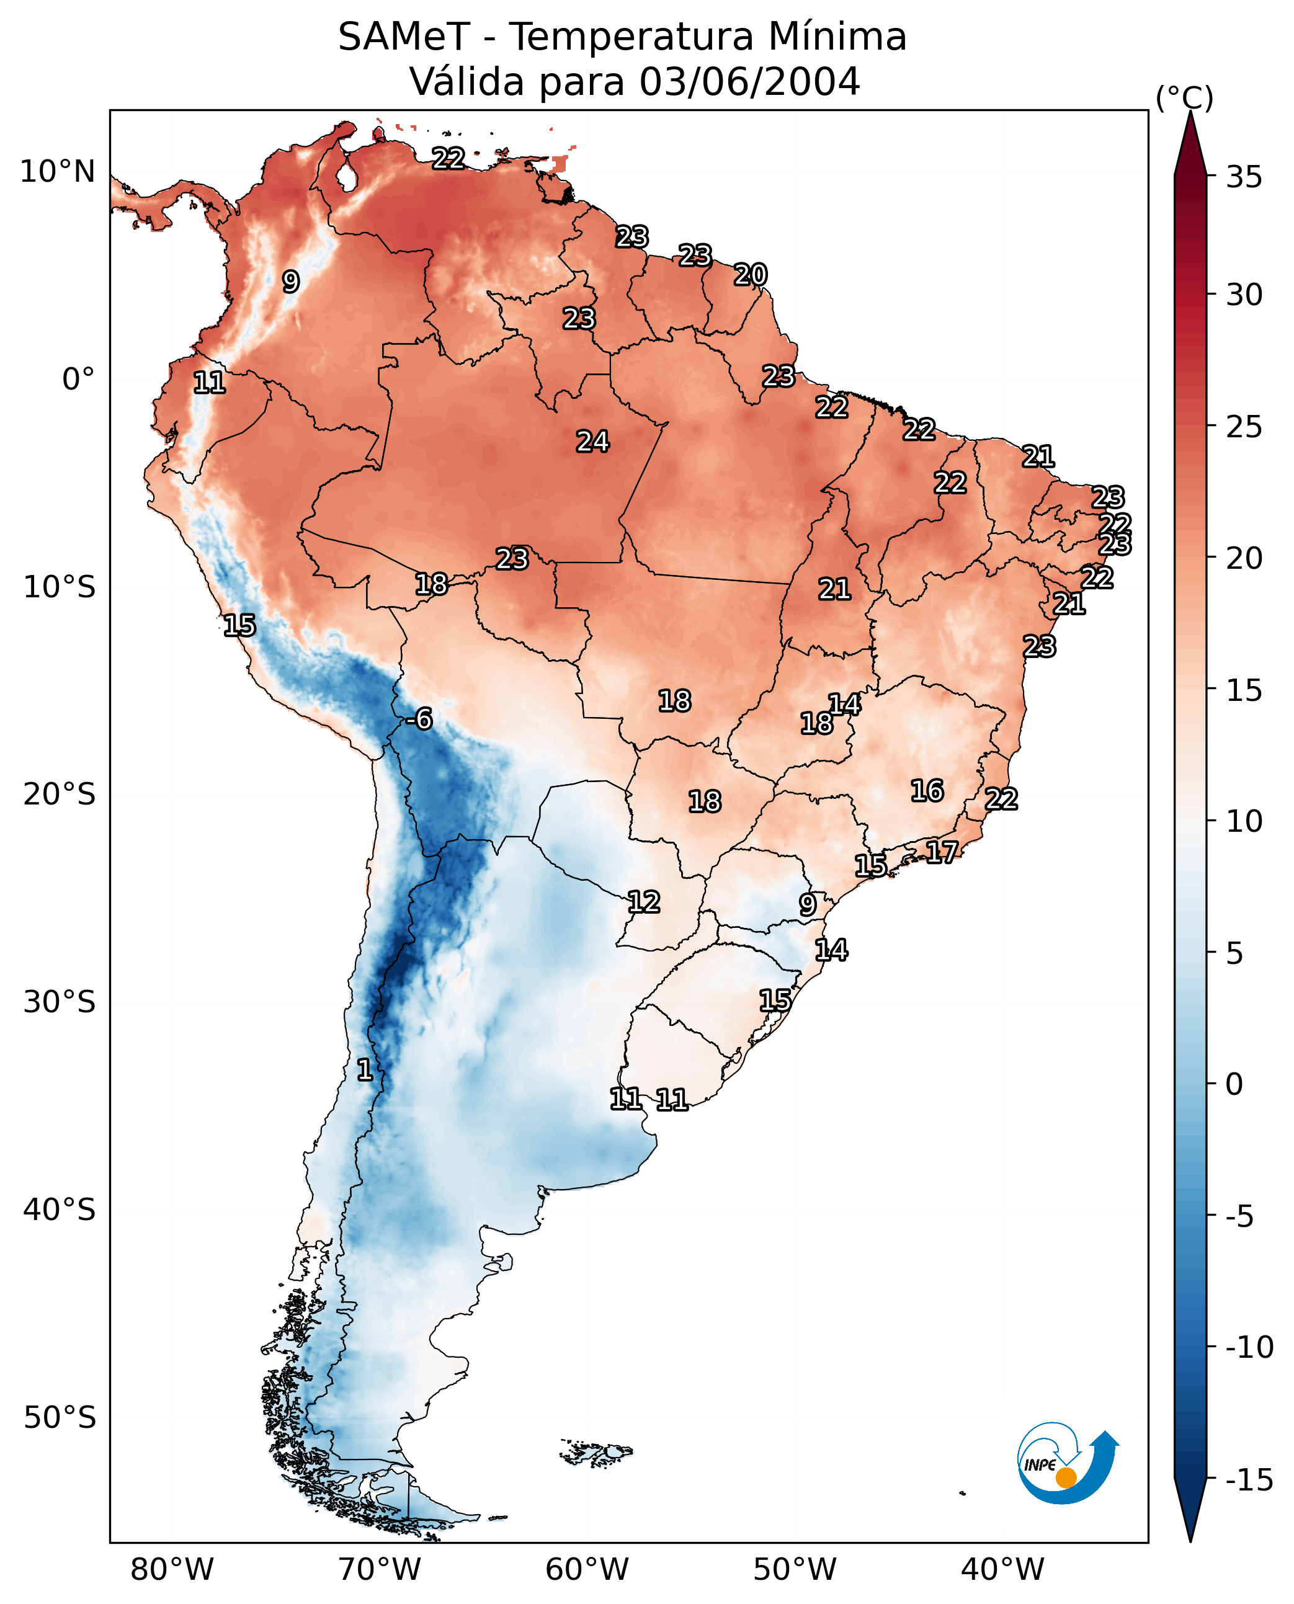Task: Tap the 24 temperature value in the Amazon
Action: point(592,442)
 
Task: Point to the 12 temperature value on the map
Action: point(643,902)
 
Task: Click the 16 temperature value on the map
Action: point(927,791)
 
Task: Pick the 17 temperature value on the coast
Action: point(942,852)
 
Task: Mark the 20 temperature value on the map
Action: point(750,275)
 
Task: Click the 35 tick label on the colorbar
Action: point(1244,177)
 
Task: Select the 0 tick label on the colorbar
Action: point(1234,1084)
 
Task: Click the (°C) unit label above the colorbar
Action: point(1184,97)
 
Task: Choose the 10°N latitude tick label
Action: point(58,172)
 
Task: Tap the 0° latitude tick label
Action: point(78,380)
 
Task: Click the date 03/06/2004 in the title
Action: point(750,81)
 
